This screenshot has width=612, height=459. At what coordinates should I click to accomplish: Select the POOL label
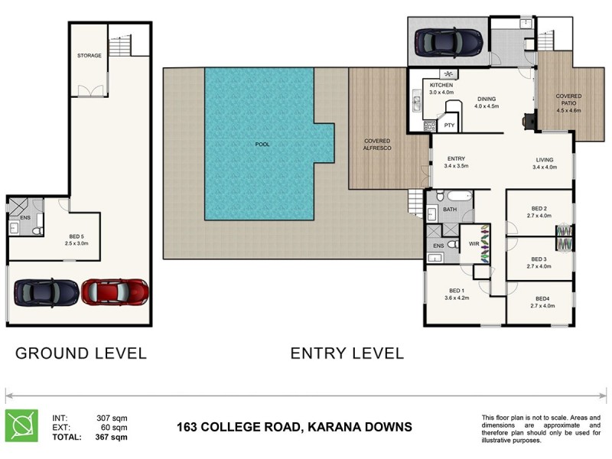coord(262,144)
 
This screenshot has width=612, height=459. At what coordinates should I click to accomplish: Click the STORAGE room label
coord(90,56)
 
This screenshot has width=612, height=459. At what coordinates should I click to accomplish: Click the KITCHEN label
coord(441,84)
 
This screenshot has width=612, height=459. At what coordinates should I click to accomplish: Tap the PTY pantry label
coord(449,124)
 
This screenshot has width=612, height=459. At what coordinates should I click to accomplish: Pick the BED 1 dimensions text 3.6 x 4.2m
coord(457,298)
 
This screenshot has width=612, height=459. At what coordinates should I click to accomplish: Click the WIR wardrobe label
coord(474,245)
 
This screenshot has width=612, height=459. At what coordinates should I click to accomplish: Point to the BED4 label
coord(542,298)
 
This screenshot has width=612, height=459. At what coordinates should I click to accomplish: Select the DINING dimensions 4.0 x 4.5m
coord(486,106)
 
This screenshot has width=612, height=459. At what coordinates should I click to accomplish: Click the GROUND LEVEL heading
coord(81,353)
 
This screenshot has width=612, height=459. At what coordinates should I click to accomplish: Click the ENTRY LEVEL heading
coord(347,353)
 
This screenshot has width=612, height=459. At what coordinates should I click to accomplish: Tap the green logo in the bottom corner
coord(21,426)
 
